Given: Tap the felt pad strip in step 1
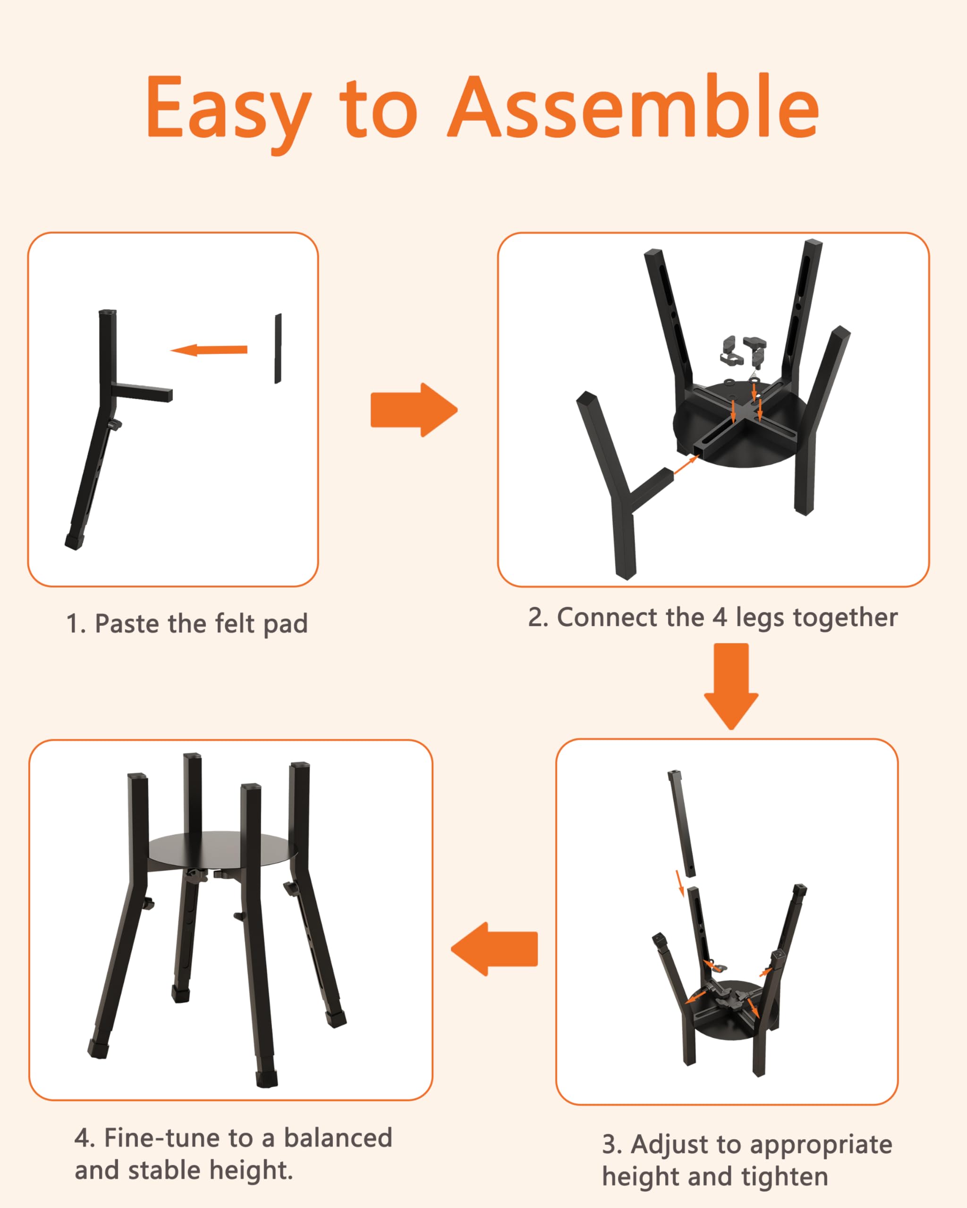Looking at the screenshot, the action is click(x=278, y=349).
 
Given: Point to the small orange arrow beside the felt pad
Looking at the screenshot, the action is click(x=209, y=350).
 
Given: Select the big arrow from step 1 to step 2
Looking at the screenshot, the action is click(x=414, y=410).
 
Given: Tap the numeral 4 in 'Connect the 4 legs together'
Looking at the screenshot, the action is click(x=720, y=617).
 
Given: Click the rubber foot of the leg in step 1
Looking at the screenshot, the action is click(x=74, y=542).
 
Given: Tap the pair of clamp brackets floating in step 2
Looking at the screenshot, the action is click(x=743, y=351).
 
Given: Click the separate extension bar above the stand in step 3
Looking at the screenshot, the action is click(x=682, y=823).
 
